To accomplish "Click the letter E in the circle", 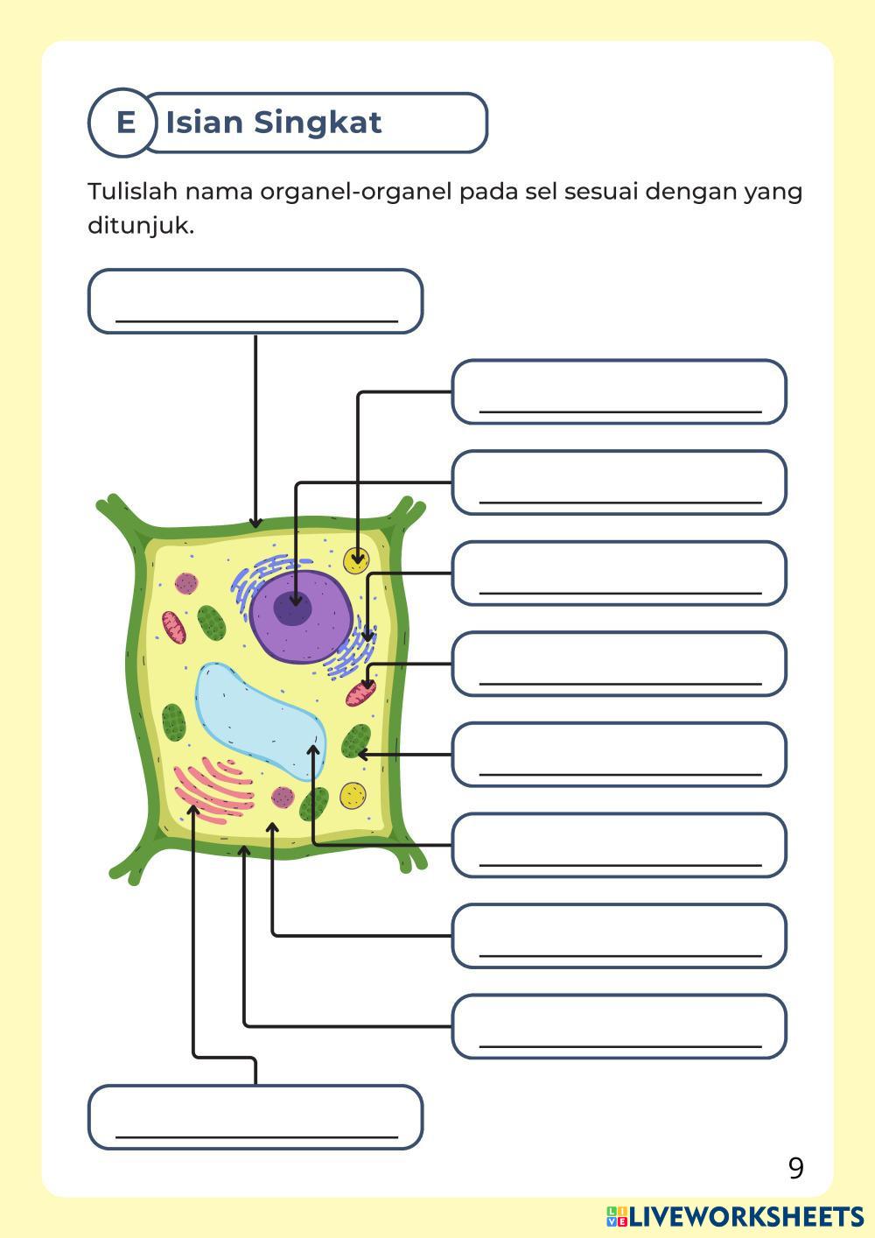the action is point(126,123).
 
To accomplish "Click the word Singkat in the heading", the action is point(318,123).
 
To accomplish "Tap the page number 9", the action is point(796,1168).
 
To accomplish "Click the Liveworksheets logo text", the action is point(735,1217).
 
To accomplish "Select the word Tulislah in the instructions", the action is point(133,192).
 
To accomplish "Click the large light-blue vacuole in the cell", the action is point(260,721).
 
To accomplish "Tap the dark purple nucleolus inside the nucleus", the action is point(293,609).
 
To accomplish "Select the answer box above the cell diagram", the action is point(255,301).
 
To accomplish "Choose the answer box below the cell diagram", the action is point(255,1117).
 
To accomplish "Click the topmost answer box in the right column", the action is point(619,392).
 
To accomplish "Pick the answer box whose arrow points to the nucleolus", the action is point(619,482).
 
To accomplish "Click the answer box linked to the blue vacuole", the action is point(619,845).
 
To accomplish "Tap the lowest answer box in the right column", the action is point(619,1026).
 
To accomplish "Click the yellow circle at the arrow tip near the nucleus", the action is point(356,560).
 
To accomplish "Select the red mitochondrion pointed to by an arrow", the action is point(360,693).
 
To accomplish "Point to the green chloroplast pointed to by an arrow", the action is point(356,742).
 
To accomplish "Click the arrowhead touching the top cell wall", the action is point(255,523).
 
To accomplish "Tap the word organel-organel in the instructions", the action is point(356,193).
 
